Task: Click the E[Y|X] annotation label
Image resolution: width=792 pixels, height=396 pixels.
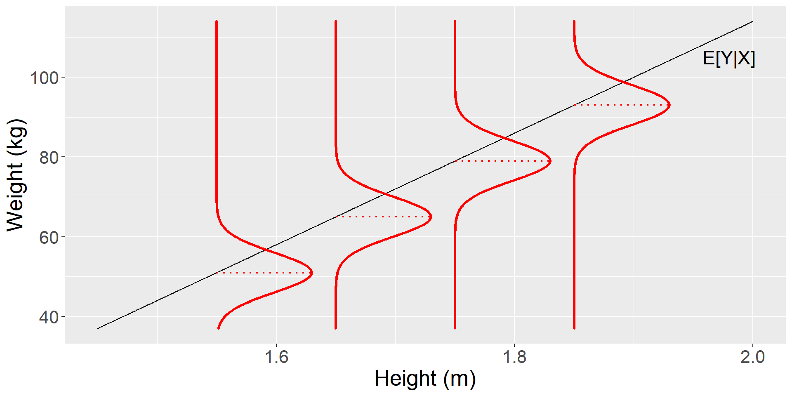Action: pyautogui.click(x=728, y=59)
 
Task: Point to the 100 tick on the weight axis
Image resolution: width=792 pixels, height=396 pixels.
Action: pyautogui.click(x=45, y=78)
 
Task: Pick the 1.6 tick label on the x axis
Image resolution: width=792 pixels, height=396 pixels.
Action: pyautogui.click(x=276, y=357)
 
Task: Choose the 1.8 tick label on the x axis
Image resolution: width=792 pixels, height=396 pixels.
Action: pyautogui.click(x=514, y=357)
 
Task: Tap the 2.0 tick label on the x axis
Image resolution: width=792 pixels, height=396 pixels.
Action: pyautogui.click(x=752, y=357)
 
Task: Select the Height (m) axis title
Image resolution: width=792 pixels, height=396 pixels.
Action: pyautogui.click(x=425, y=379)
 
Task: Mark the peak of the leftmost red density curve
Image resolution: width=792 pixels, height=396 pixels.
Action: pyautogui.click(x=312, y=273)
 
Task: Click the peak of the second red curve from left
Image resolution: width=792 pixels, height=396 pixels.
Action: pyautogui.click(x=431, y=217)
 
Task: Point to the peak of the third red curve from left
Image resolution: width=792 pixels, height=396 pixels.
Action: pyautogui.click(x=550, y=161)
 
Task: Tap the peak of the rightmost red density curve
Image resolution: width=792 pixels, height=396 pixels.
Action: pyautogui.click(x=669, y=105)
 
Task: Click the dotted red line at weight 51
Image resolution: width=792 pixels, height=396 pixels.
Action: pyautogui.click(x=264, y=273)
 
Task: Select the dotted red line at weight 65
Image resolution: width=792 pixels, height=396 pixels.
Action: pyautogui.click(x=384, y=217)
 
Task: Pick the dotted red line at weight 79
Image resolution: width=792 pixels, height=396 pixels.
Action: pyautogui.click(x=503, y=161)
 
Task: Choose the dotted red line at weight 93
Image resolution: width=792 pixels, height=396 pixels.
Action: pyautogui.click(x=622, y=105)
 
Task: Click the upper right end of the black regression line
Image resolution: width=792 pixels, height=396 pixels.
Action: pyautogui.click(x=752, y=21)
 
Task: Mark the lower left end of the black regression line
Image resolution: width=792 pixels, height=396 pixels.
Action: pyautogui.click(x=98, y=328)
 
